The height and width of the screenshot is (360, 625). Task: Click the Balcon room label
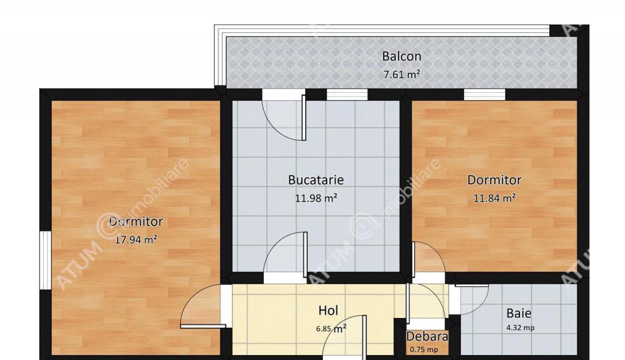coord(402,56)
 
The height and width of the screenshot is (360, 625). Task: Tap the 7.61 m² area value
coord(402,74)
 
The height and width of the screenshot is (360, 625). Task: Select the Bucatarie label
coord(316,180)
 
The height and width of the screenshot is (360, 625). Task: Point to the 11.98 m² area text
coord(316,198)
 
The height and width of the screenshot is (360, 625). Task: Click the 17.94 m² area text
coord(135,240)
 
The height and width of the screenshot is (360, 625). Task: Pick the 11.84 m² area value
coord(494,198)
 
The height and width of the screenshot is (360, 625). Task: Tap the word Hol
coord(328,310)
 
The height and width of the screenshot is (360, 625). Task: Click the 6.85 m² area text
coord(331,329)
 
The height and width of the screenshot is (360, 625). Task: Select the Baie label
coord(519,314)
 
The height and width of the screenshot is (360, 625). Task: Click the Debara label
coord(427,337)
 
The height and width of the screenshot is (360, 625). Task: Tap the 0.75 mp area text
coord(424,350)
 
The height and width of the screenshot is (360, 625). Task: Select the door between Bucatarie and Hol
coord(286,253)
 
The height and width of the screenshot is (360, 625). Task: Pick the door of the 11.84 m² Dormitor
coord(428,257)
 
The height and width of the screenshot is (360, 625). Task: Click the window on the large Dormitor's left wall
coord(45,261)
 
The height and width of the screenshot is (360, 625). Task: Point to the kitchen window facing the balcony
coord(347,95)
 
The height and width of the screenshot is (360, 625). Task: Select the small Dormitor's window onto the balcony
coord(484,95)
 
